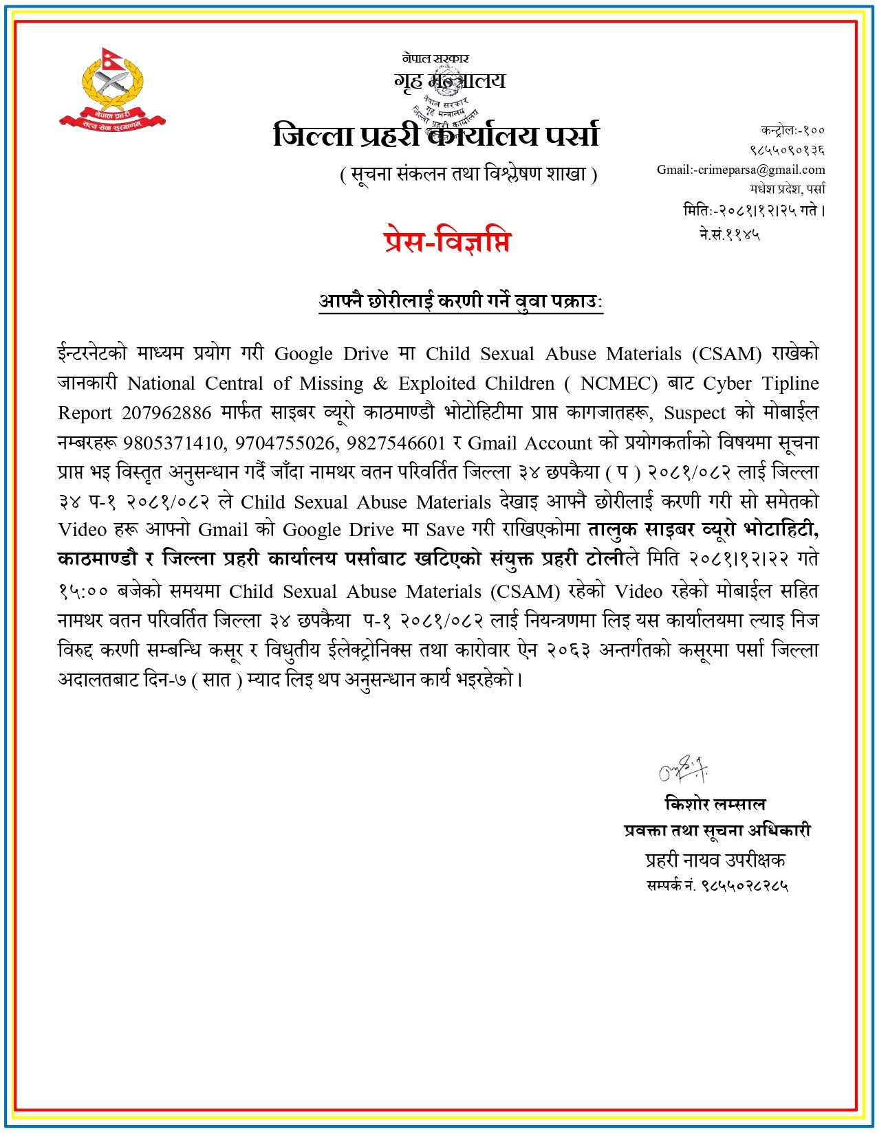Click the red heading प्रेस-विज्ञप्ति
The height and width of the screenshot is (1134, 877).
coord(447,242)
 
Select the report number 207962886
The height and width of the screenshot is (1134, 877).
coord(166,413)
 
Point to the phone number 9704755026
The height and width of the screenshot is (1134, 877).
coord(285,443)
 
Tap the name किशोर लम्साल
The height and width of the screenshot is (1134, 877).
coord(715,804)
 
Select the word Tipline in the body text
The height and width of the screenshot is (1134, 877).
coord(790,383)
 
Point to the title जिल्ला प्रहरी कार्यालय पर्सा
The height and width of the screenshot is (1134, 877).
coord(436,135)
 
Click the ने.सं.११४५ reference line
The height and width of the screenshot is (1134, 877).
coord(729,234)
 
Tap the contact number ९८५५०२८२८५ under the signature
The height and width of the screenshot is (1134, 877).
coord(744,887)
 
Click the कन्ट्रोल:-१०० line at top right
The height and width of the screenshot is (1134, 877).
coord(792,130)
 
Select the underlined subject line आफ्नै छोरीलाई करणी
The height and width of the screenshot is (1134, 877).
coord(460,301)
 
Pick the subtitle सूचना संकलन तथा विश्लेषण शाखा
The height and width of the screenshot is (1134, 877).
coord(468,175)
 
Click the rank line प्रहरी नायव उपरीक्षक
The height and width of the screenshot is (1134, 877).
coord(715,860)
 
